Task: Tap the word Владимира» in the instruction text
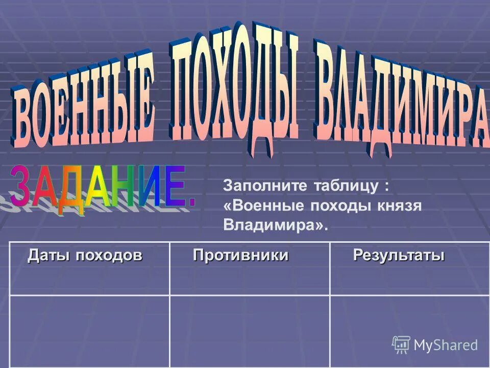click(x=276, y=225)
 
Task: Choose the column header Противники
click(x=240, y=255)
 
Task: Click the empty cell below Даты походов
click(x=89, y=331)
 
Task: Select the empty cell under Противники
click(x=250, y=331)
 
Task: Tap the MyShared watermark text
click(x=446, y=345)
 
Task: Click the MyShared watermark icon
click(x=401, y=344)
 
